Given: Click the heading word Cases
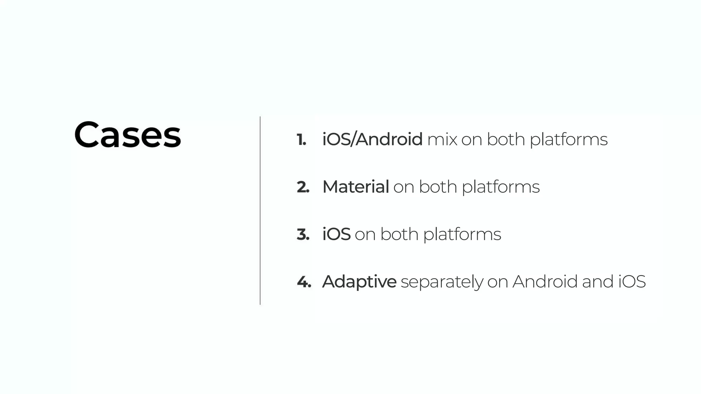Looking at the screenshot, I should tap(127, 135).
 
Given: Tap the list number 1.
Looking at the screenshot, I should tap(301, 140).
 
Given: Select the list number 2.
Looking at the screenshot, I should tap(303, 187).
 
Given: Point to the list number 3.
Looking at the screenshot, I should tap(303, 235).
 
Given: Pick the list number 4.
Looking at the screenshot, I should tap(304, 282).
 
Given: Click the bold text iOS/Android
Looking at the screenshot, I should tap(372, 139).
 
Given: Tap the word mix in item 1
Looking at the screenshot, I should tap(442, 139).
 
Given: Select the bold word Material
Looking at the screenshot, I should tap(356, 187).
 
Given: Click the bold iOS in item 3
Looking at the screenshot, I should tap(336, 234).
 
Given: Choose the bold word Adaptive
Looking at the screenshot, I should tap(359, 282).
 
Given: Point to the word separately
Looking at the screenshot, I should tap(442, 283).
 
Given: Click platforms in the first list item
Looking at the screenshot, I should tap(569, 140).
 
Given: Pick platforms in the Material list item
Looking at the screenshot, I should tap(501, 187).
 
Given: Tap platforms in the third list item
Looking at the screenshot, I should tap(462, 235).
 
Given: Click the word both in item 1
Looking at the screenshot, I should tap(506, 139).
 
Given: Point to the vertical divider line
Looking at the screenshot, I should tap(260, 210).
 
